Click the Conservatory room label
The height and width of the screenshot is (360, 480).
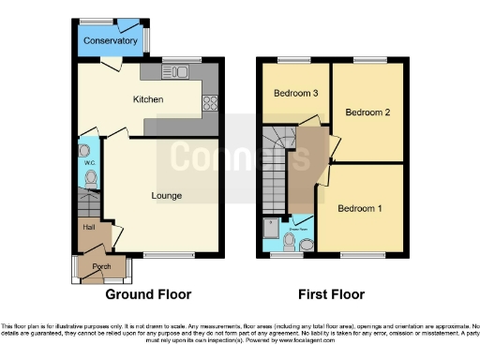(x=110, y=41)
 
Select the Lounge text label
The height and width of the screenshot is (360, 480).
(x=167, y=195)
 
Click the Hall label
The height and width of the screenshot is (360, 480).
(x=89, y=227)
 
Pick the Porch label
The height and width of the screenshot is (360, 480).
(x=101, y=266)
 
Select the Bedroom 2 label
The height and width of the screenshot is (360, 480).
(x=367, y=112)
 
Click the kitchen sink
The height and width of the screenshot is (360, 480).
(x=179, y=72)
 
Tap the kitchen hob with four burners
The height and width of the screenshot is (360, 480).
(x=210, y=103)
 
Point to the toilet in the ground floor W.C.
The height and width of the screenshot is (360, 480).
(x=87, y=177)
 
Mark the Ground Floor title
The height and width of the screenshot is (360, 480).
(x=142, y=294)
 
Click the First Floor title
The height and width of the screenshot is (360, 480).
(x=331, y=294)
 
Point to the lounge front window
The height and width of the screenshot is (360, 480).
(x=170, y=255)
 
